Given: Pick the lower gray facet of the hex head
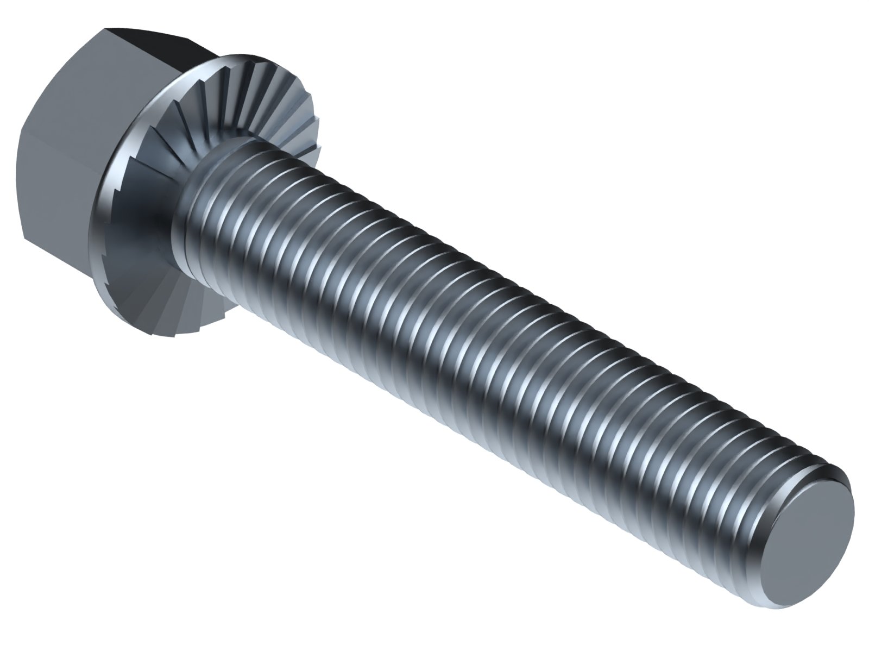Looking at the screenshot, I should click(60, 190).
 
